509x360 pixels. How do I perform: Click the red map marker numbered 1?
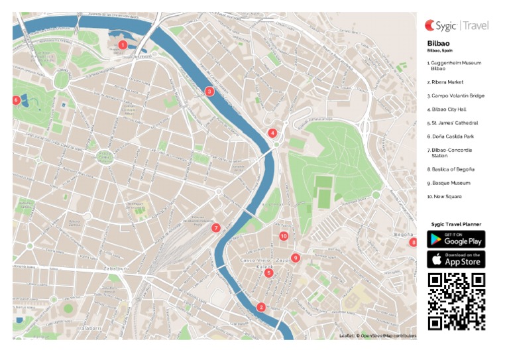coord(123,45)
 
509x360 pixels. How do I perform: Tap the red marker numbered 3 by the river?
coord(209,91)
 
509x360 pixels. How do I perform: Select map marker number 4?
coord(272,133)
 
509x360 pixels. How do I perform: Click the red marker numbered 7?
coord(216,228)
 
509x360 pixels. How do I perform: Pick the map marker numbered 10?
coord(284,236)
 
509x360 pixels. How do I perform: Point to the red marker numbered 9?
coord(296,258)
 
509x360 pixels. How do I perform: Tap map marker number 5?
coord(268,272)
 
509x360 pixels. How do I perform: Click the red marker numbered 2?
coord(261,307)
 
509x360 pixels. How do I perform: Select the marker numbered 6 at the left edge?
coord(16,100)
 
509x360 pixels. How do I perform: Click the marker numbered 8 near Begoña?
coord(414,243)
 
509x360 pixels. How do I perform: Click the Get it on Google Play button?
coord(456,239)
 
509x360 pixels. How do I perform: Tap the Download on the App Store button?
coord(456,259)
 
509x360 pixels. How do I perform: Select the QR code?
coord(456,301)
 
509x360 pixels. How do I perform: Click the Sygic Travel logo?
coord(457,26)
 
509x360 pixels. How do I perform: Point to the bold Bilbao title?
coord(437,44)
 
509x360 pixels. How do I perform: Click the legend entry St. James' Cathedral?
coord(453,123)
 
